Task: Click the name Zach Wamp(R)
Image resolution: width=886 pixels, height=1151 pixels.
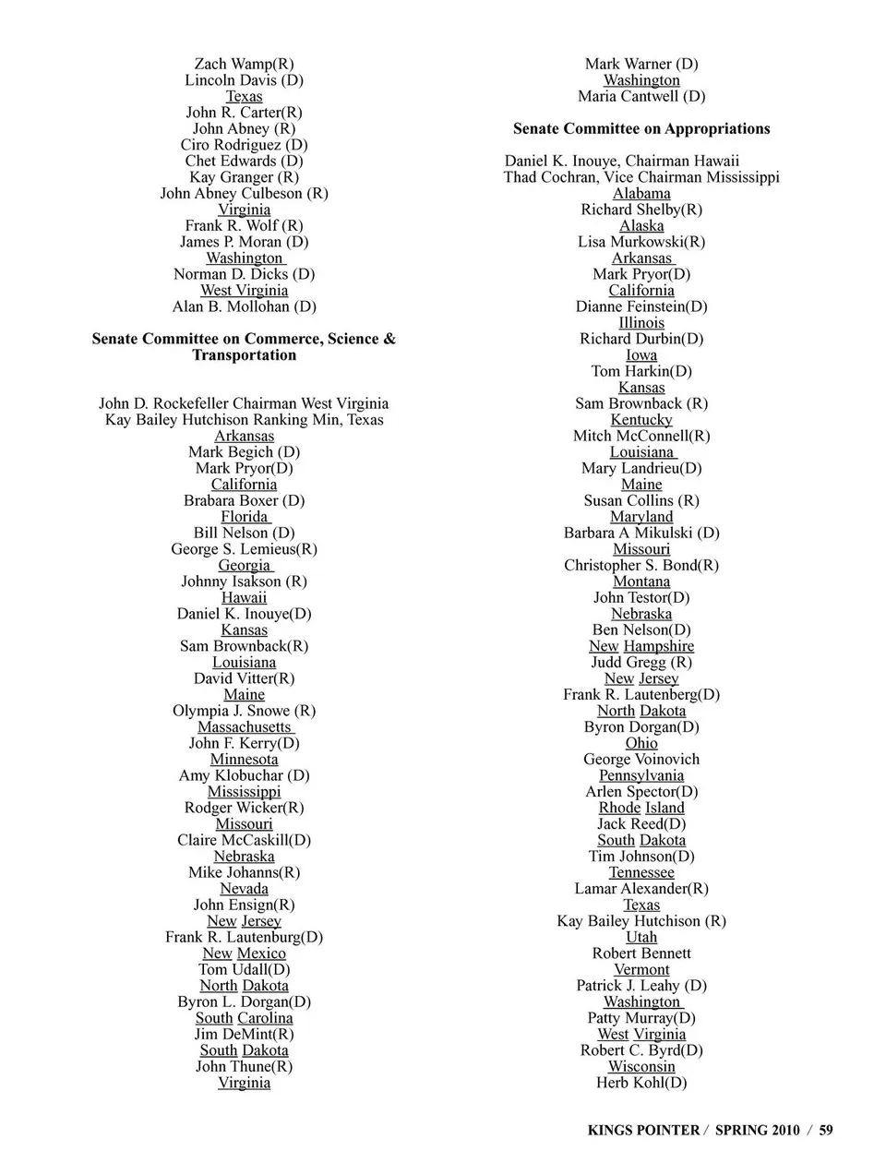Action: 244,64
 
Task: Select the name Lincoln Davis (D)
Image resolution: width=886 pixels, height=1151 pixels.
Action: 244,80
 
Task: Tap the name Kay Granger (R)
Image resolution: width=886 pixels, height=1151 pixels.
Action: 244,177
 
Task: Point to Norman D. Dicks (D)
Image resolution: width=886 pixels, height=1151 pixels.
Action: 244,274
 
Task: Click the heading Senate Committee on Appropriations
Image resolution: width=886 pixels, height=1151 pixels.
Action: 641,129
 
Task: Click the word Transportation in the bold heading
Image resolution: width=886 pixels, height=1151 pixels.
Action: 244,355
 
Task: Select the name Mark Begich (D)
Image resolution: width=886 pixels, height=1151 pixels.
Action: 244,452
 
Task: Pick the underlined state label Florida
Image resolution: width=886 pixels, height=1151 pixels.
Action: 244,517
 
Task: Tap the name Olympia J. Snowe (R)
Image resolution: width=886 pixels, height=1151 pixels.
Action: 244,711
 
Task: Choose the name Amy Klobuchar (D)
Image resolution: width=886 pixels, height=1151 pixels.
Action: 244,775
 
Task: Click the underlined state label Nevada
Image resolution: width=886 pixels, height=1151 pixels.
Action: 244,889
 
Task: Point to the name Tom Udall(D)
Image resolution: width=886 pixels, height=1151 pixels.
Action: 244,969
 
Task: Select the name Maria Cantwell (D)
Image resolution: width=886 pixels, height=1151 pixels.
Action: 641,96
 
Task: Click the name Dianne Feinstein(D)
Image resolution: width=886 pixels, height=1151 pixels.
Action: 641,306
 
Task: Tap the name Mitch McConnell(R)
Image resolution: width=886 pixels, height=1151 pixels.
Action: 641,436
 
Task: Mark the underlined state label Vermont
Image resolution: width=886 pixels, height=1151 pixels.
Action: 641,969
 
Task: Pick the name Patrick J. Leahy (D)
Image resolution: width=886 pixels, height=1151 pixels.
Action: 641,986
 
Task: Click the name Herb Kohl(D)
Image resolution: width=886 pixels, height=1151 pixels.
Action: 641,1083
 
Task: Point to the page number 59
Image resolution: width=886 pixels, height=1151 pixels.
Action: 825,1130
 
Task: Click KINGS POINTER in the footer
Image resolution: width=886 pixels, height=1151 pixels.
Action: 642,1130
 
